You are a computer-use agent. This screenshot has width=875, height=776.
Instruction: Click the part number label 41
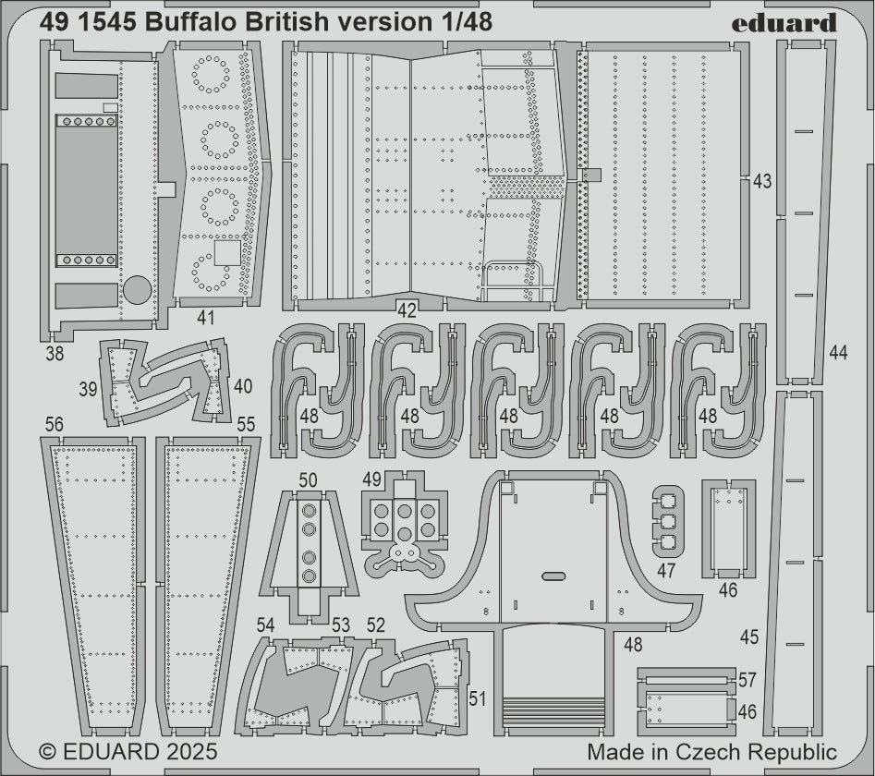[206, 318]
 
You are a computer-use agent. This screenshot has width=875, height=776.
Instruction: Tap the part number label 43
[762, 182]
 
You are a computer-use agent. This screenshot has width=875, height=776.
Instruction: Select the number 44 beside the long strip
[838, 352]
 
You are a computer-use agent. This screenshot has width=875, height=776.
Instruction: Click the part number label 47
[667, 571]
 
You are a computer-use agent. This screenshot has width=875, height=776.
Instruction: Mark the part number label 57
[747, 681]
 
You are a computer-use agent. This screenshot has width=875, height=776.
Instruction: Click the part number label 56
[54, 424]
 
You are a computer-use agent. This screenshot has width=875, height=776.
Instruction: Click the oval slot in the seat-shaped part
[553, 576]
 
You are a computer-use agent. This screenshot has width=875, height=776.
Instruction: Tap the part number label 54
[266, 625]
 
